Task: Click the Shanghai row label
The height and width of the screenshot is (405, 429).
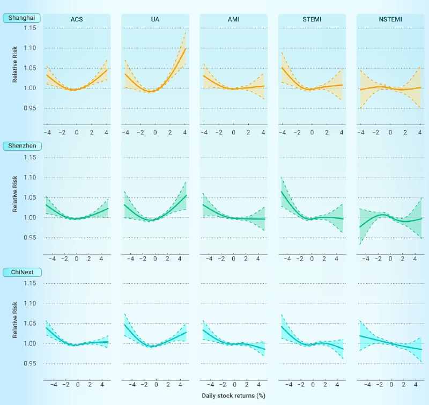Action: [x=21, y=18]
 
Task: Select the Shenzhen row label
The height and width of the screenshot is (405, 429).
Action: [x=21, y=145]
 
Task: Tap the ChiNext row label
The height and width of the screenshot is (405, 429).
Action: [x=20, y=272]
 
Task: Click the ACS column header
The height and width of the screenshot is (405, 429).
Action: [x=77, y=20]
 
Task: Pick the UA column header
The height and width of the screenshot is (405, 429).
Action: [x=155, y=20]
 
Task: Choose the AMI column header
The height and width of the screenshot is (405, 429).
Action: [x=233, y=20]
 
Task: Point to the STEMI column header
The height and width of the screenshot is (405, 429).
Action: [x=312, y=20]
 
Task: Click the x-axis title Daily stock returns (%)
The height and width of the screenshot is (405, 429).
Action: [x=233, y=396]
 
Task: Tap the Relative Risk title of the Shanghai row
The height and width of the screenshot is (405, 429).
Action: [x=16, y=68]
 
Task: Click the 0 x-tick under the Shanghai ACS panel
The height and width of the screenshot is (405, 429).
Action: [x=77, y=132]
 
